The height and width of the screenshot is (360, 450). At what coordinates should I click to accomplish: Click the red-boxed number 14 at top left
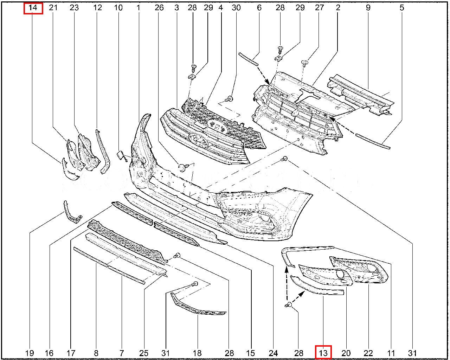point(33,8)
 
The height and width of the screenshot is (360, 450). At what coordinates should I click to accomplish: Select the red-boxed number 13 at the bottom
point(323,353)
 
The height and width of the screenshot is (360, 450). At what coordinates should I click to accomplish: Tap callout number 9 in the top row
point(368,8)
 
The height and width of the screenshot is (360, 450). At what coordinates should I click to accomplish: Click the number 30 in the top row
point(236,8)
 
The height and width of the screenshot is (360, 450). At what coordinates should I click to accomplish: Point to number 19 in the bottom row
point(30,353)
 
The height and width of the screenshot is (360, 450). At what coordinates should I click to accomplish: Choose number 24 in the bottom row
point(273,353)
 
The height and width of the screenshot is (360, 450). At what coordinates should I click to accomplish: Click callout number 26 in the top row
point(159,8)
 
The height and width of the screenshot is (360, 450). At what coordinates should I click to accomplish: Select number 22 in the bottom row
point(368,353)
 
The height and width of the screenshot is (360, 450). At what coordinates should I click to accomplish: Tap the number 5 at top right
point(402,8)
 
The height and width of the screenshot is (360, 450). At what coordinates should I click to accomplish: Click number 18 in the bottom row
point(197,353)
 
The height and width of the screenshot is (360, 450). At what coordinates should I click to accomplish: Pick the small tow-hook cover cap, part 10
point(121,155)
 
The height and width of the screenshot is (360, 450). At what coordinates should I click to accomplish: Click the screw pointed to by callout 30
point(230,98)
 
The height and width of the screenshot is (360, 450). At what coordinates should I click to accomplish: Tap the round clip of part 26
point(181,168)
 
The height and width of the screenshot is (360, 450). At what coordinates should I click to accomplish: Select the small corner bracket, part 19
point(72,212)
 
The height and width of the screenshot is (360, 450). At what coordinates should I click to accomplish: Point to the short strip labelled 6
point(249,59)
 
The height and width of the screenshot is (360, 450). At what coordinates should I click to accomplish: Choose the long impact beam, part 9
point(361,95)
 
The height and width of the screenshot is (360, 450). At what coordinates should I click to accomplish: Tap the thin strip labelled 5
point(373,142)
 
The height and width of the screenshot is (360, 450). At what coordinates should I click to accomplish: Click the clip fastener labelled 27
point(305,63)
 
